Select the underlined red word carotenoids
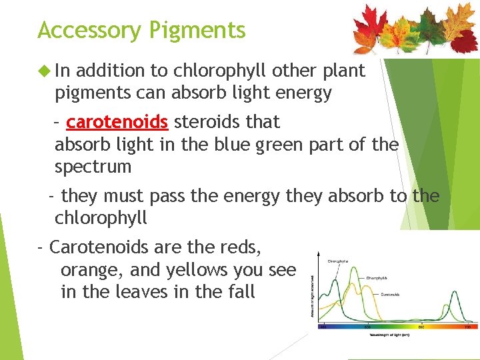(117, 122)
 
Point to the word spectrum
(93, 167)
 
